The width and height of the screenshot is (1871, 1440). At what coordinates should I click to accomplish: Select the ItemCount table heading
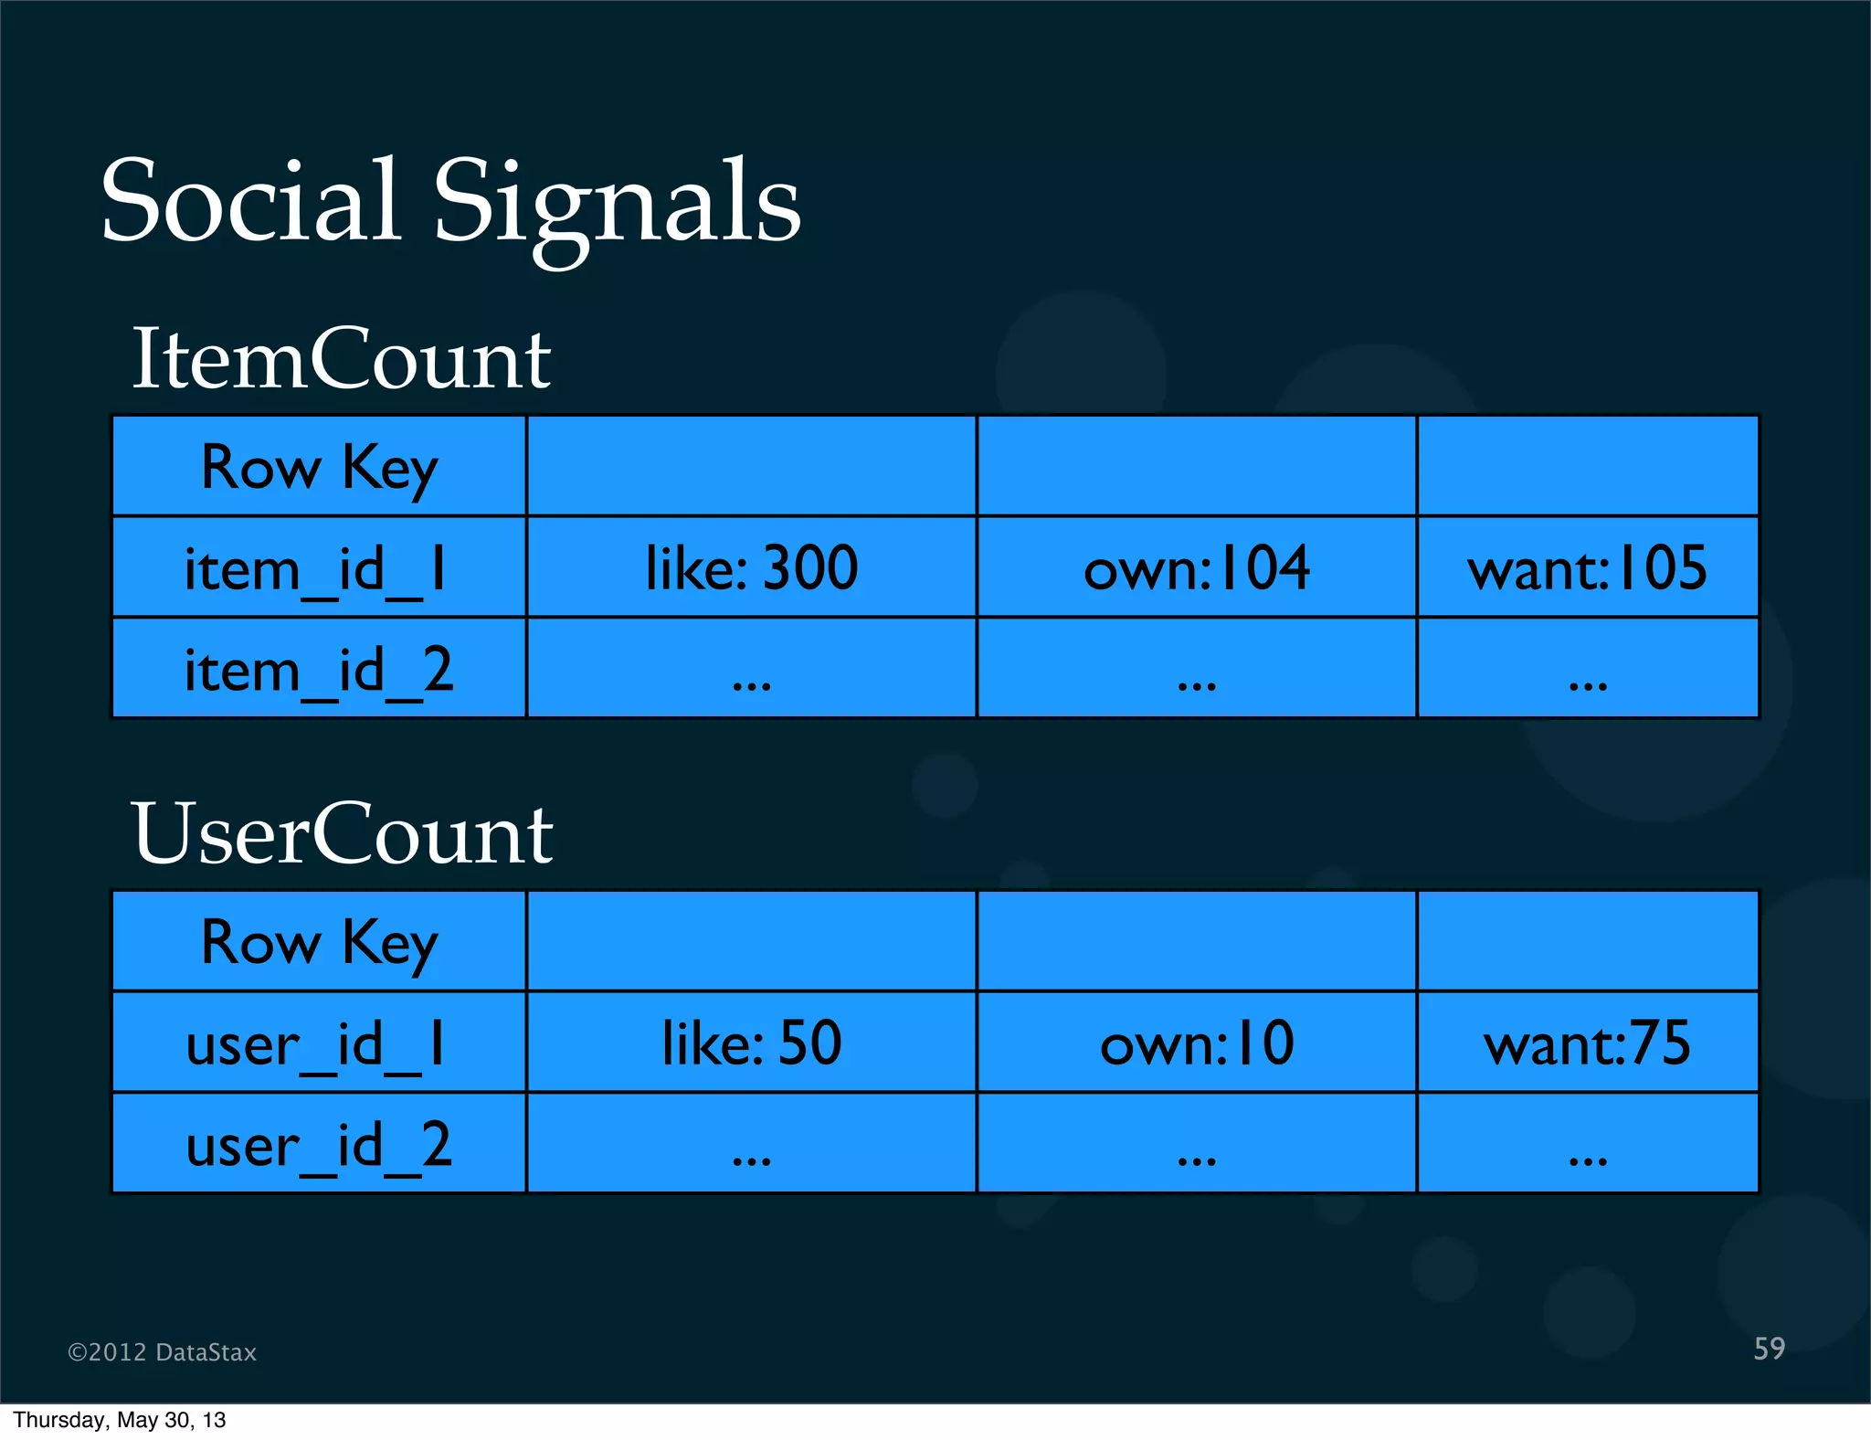(x=341, y=358)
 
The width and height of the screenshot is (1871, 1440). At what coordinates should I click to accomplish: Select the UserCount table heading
(x=342, y=833)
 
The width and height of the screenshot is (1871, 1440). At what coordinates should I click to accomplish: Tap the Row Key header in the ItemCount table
(x=319, y=468)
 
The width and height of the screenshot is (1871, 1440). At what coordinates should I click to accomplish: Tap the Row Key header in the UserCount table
(x=319, y=943)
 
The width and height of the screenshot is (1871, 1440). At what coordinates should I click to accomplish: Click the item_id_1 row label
(x=316, y=569)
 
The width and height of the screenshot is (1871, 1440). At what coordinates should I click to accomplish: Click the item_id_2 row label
(x=318, y=670)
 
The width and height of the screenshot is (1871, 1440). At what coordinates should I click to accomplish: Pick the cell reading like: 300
(x=751, y=568)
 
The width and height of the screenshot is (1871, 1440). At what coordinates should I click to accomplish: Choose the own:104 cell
(x=1196, y=568)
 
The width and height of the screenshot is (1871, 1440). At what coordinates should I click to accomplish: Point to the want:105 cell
(x=1587, y=568)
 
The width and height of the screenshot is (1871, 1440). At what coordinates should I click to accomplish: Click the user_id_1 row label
(x=316, y=1044)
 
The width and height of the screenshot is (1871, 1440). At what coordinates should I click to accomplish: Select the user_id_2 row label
(x=318, y=1145)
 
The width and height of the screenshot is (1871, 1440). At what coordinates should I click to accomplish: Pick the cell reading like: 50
(x=751, y=1043)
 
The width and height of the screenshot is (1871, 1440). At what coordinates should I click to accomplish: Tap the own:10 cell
(x=1196, y=1043)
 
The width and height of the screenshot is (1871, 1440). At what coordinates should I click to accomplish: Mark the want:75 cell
(x=1587, y=1043)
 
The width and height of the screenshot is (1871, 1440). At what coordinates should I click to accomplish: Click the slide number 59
(x=1769, y=1349)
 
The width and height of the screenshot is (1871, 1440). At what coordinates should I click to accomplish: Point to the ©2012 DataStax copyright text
(x=162, y=1352)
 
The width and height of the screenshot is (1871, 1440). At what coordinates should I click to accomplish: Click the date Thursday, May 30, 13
(x=119, y=1420)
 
